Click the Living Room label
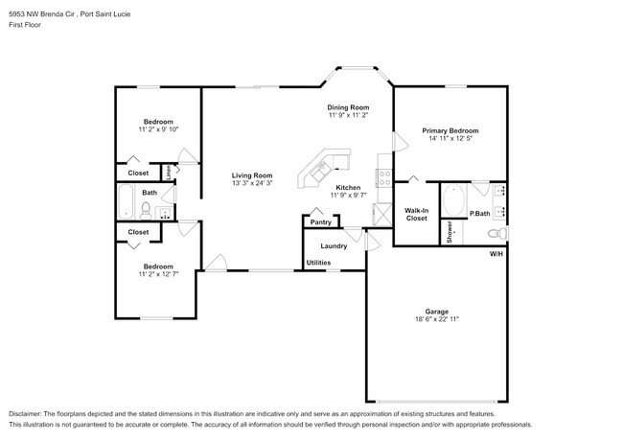(x=252, y=175)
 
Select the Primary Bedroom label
(x=450, y=130)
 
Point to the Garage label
(x=437, y=312)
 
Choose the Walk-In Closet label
(x=416, y=214)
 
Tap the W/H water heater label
(x=496, y=254)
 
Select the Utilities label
(x=319, y=262)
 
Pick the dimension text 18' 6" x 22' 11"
(x=437, y=320)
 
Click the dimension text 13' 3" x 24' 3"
(x=252, y=184)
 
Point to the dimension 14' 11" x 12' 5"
(x=450, y=139)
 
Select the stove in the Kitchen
(x=383, y=176)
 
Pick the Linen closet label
(x=169, y=174)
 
